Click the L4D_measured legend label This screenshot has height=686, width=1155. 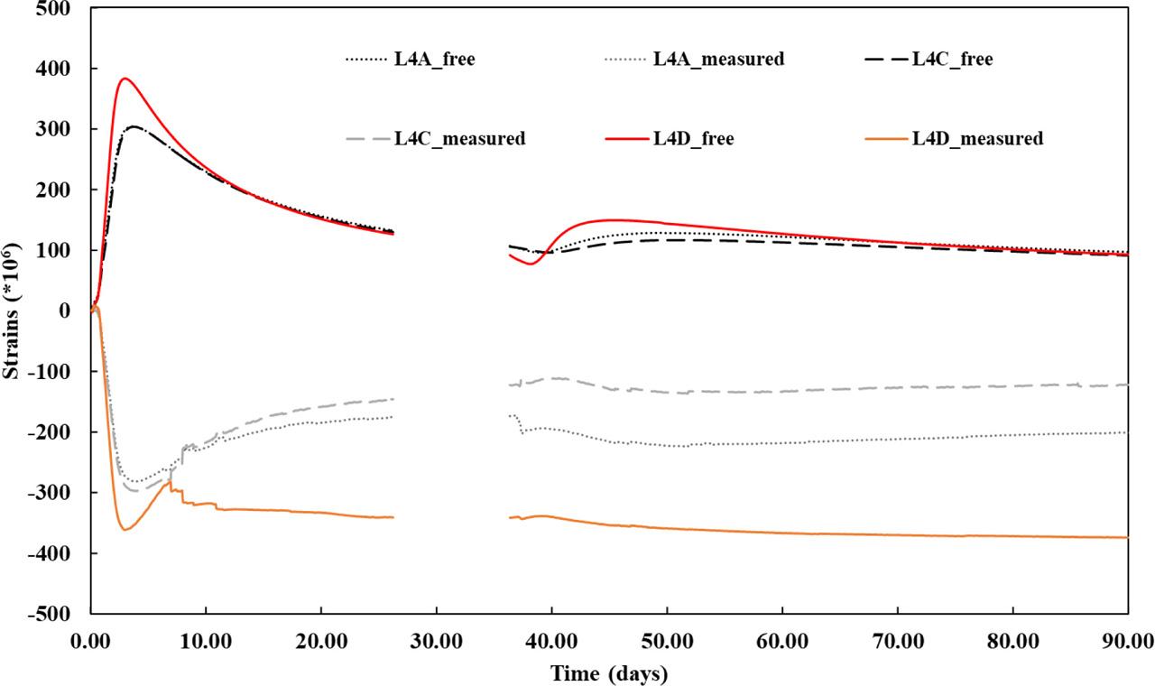click(x=977, y=138)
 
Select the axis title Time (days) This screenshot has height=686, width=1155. click(x=609, y=672)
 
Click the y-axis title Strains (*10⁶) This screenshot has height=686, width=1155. click(x=12, y=311)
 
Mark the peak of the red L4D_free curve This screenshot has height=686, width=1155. click(x=125, y=79)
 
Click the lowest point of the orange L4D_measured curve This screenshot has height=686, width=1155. click(x=125, y=530)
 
